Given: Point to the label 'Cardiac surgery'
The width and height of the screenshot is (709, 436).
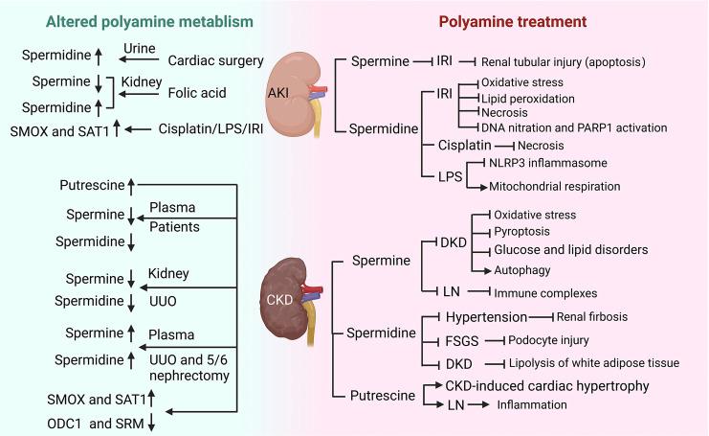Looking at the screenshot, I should pyautogui.click(x=215, y=61).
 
